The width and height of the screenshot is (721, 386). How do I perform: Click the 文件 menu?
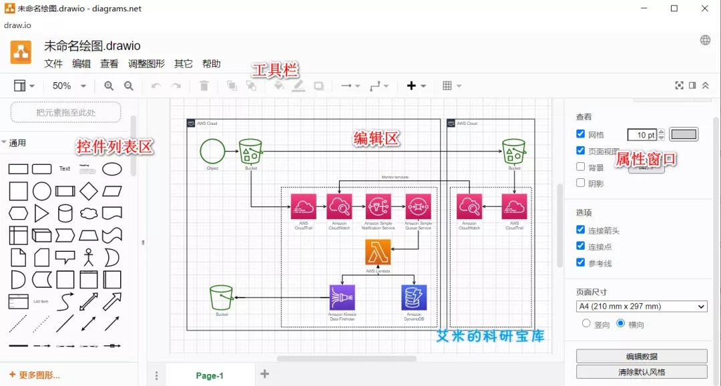[x=53, y=64]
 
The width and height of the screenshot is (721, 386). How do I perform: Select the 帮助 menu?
[x=211, y=64]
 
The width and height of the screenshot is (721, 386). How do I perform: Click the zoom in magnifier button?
[x=109, y=86]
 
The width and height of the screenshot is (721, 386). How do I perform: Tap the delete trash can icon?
[x=204, y=86]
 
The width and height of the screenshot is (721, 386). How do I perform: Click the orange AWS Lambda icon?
[x=378, y=252]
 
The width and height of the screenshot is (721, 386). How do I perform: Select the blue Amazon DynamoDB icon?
[x=414, y=297]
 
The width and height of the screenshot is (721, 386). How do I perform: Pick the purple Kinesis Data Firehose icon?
[x=342, y=297]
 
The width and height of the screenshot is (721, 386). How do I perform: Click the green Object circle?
[x=212, y=151]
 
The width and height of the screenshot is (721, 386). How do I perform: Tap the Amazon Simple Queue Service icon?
[x=418, y=206]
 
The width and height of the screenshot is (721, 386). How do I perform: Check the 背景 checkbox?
[x=581, y=167]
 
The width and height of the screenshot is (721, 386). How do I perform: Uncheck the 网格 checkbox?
[x=581, y=134]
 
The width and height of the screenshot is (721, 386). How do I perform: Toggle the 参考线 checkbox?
[x=581, y=263]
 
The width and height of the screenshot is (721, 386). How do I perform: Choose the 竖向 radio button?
[x=586, y=323]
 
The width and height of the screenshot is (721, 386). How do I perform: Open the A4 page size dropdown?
[x=642, y=307]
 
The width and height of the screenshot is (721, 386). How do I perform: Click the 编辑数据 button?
[x=642, y=356]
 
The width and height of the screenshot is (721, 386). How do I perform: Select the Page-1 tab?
[x=210, y=375]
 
